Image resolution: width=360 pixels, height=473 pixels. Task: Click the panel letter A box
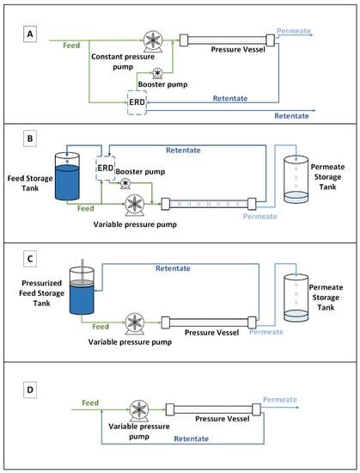click(30, 34)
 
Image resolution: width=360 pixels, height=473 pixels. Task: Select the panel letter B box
click(30, 138)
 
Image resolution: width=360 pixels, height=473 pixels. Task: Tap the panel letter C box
click(30, 259)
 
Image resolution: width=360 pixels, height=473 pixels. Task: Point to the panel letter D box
click(30, 390)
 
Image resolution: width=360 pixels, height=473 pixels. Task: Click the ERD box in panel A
click(137, 102)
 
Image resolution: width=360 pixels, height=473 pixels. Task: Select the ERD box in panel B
click(105, 168)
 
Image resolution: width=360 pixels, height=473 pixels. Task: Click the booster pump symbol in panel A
click(157, 74)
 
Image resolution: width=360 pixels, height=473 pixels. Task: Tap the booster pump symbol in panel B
click(125, 184)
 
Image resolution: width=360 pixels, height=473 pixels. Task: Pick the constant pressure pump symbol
click(153, 41)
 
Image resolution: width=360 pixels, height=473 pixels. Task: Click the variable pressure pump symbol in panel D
click(139, 411)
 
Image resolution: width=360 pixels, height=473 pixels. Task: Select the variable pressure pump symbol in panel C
click(135, 323)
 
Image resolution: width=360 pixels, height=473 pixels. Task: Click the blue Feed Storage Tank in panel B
click(67, 176)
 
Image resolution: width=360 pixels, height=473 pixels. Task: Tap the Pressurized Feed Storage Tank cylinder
click(82, 290)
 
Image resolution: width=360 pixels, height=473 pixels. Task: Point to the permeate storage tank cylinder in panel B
click(296, 180)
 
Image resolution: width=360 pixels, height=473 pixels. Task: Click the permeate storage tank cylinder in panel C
click(296, 298)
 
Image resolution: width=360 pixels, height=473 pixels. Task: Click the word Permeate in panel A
click(294, 31)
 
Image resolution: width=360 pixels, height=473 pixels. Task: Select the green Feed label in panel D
click(90, 402)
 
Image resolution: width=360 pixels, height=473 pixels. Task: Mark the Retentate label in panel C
click(173, 268)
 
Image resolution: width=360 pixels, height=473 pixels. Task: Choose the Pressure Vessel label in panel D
click(223, 419)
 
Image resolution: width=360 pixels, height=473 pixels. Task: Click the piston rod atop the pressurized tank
click(82, 270)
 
